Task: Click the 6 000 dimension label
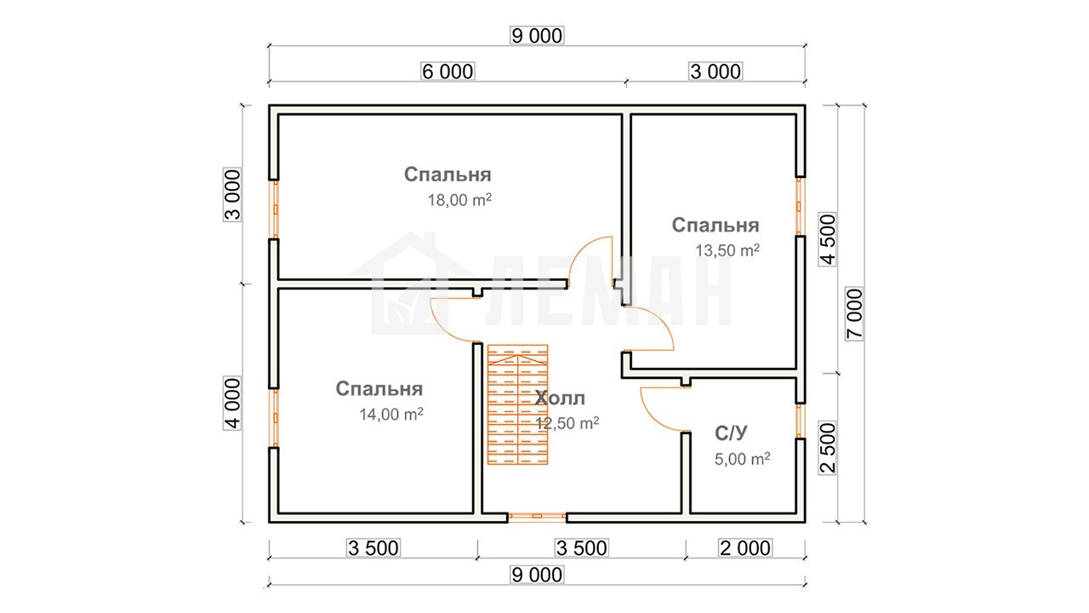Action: coord(448,72)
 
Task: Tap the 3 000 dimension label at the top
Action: coord(716,72)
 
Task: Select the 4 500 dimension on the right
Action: coord(828,239)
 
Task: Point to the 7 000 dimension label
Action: coord(854,313)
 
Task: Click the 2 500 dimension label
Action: coord(828,448)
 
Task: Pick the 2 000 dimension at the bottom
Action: coord(745,548)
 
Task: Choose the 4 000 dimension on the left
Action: coord(232,403)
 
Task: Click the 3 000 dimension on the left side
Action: coord(232,195)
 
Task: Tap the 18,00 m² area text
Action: coord(459,199)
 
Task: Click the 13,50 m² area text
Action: coord(727,250)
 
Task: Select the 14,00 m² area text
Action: coord(391,414)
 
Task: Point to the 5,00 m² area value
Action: coord(743,459)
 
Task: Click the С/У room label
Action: coord(731,433)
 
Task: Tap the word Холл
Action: coord(560,398)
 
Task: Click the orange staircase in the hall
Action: coord(518,404)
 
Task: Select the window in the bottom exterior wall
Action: coord(537,517)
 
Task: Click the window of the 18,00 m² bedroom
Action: coord(275,209)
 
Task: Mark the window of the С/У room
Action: coord(799,421)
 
